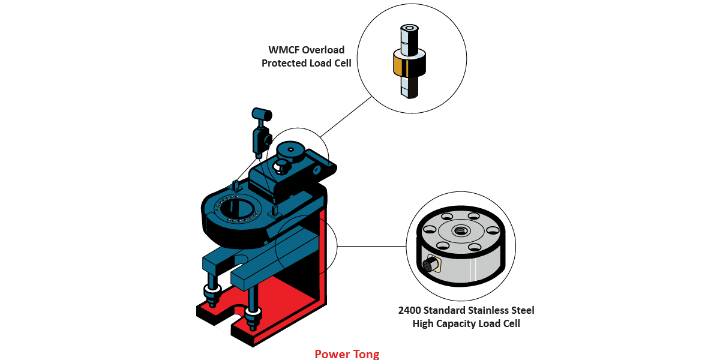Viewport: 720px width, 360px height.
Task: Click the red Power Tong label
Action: pyautogui.click(x=347, y=354)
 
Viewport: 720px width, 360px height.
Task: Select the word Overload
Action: pyautogui.click(x=329, y=50)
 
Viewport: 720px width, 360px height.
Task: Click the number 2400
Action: pyautogui.click(x=412, y=310)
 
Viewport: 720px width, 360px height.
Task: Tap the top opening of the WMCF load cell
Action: pyautogui.click(x=411, y=28)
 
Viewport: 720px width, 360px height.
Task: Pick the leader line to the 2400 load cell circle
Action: pyautogui.click(x=372, y=246)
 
